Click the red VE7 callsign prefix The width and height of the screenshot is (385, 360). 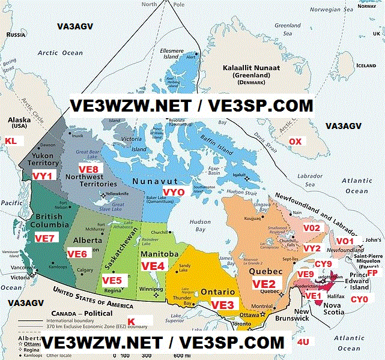pos(44,238)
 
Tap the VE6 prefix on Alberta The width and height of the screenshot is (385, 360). pos(77,254)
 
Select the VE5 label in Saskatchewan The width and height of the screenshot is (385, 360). pos(112,280)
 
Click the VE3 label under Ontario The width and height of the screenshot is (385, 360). pos(222,305)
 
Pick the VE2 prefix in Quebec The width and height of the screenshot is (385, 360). pos(263,284)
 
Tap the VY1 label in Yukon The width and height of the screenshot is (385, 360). pos(42,175)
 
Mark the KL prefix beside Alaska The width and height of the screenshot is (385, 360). pos(11,140)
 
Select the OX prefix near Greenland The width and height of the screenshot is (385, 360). pos(296,141)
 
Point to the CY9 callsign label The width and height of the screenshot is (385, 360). pos(323,264)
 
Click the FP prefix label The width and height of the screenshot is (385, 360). pos(372,273)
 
